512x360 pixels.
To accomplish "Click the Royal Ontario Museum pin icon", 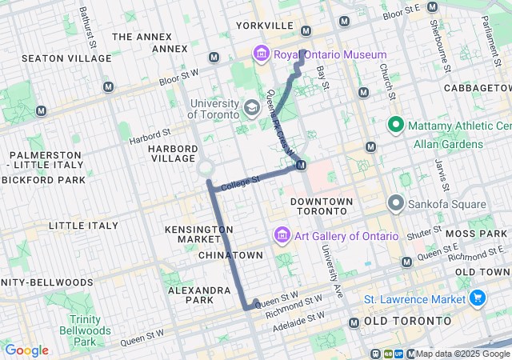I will (x=261, y=54).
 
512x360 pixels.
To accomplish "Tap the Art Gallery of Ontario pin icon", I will (x=281, y=236).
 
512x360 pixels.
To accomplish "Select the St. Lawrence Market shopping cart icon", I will (x=478, y=298).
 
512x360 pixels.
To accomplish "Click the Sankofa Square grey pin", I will (x=395, y=203).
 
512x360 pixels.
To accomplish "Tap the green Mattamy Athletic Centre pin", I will (x=395, y=126).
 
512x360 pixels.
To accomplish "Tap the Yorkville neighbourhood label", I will (x=265, y=26).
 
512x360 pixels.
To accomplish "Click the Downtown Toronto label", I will (x=320, y=206).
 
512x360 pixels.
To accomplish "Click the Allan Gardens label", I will (x=448, y=144).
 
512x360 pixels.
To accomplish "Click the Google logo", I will (x=26, y=350).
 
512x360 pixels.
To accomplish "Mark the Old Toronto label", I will (x=408, y=320).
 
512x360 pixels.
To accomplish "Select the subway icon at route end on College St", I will (x=301, y=166).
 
